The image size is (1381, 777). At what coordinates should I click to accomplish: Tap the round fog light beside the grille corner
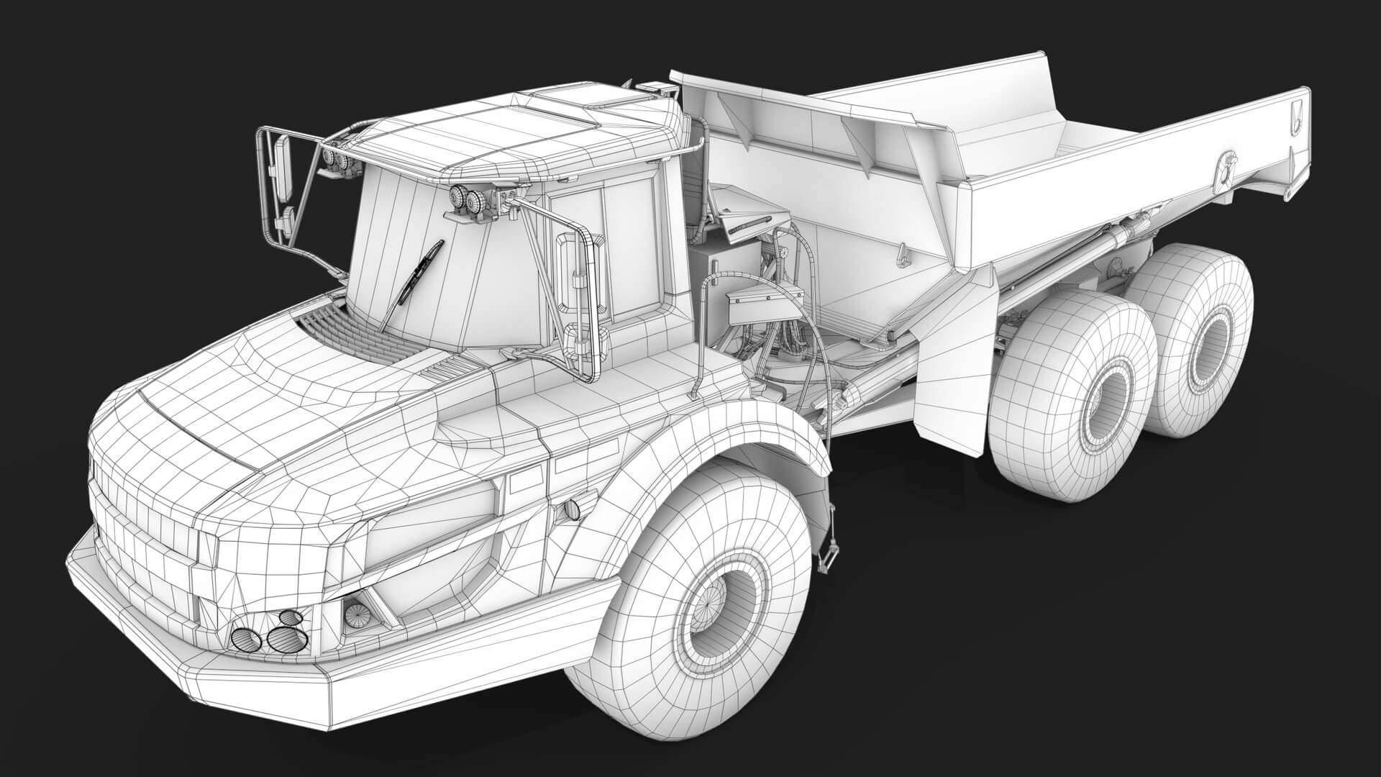click(x=355, y=614)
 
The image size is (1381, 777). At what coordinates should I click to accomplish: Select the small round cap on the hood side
click(x=572, y=509)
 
